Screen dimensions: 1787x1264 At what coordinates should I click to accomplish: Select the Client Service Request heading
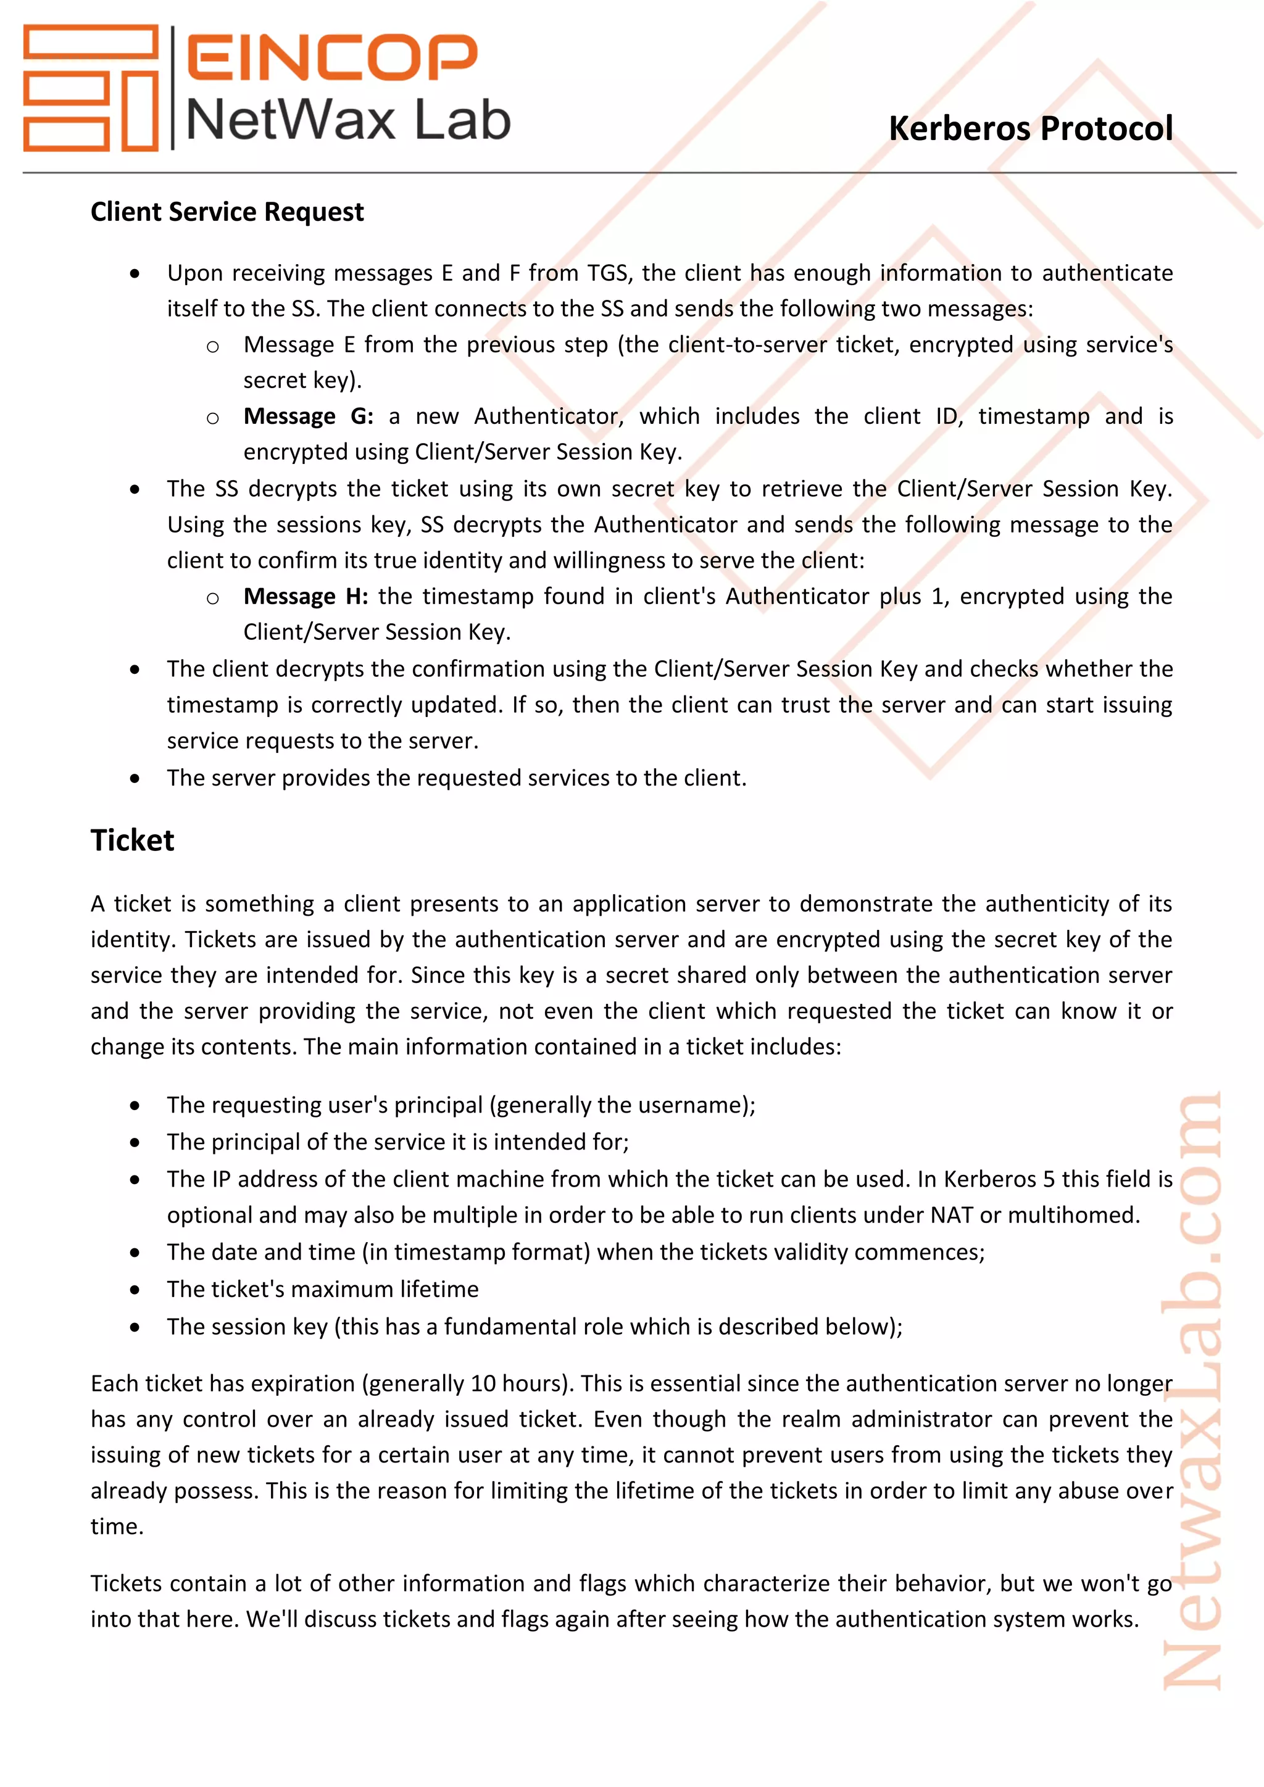click(227, 212)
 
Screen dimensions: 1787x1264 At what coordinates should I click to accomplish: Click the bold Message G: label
click(308, 417)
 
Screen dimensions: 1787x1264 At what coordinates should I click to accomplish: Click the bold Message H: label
click(305, 596)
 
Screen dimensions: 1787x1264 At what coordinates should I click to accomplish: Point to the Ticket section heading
click(132, 840)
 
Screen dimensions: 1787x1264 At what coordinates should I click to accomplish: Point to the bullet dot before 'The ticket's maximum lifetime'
click(135, 1290)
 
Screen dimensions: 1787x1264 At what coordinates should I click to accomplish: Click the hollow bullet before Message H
click(212, 598)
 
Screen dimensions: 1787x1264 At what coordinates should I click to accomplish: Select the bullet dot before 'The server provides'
click(135, 778)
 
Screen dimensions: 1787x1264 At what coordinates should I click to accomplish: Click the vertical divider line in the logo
click(172, 87)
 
